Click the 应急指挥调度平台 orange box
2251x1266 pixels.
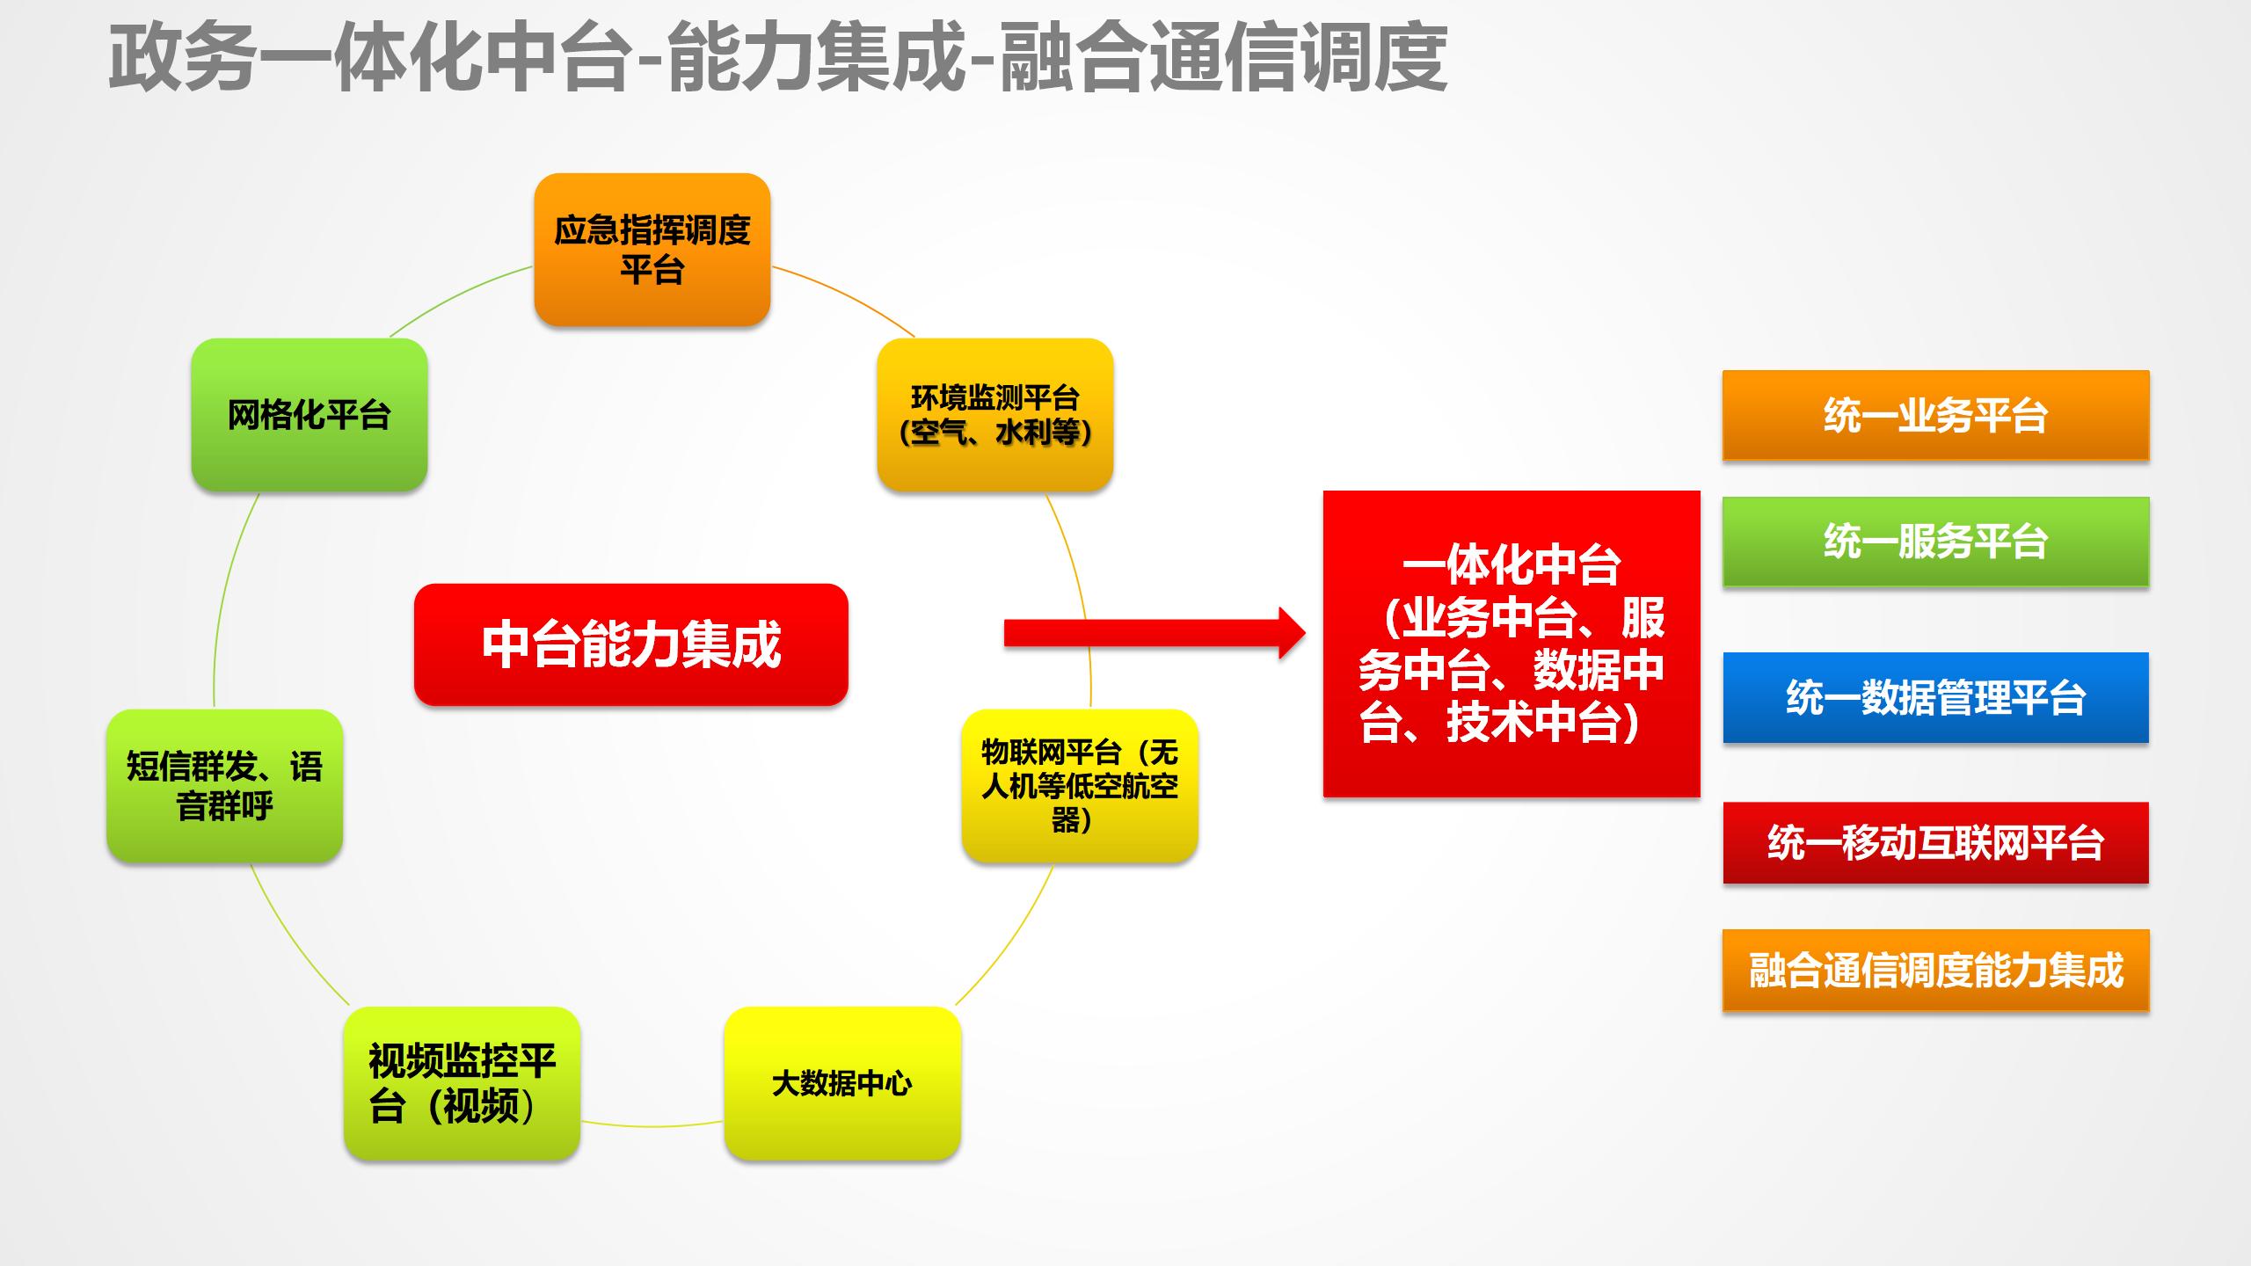[x=652, y=250]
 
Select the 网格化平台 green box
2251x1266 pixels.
[x=309, y=414]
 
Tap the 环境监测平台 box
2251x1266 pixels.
[x=994, y=414]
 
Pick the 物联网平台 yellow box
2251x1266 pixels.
[x=1079, y=785]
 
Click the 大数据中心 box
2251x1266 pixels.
[x=841, y=1083]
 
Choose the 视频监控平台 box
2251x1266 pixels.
[x=462, y=1083]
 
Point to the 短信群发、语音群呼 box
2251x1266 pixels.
[x=224, y=785]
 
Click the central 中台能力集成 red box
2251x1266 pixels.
[x=630, y=644]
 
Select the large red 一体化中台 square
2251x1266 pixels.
[x=1511, y=644]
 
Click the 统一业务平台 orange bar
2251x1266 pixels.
[x=1935, y=415]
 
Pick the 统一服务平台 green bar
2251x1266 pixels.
[x=1935, y=542]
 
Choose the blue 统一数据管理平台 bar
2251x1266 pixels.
[x=1935, y=697]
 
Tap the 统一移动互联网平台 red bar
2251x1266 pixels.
[x=1935, y=842]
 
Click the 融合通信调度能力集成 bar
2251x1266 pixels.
[x=1935, y=971]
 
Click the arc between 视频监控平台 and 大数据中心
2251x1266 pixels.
[x=652, y=1125]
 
